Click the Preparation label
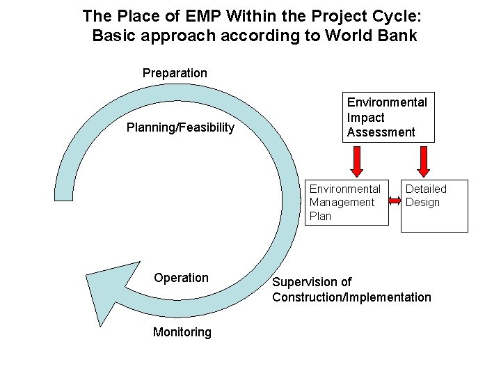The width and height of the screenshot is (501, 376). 175,73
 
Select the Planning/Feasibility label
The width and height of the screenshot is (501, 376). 180,127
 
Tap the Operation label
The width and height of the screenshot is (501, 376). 181,278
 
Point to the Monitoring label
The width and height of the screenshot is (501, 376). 182,332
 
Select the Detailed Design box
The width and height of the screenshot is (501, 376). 434,205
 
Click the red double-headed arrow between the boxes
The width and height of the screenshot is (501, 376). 395,202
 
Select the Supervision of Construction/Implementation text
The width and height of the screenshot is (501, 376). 351,290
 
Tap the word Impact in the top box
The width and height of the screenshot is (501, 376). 365,117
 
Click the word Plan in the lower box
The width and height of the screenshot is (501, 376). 320,216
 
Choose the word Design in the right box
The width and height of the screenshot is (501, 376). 422,203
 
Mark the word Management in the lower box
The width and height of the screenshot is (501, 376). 342,203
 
